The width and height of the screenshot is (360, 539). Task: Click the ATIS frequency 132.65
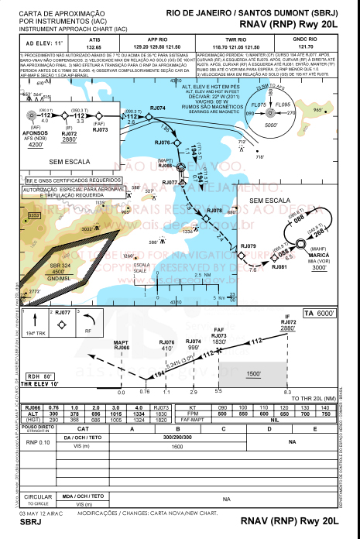pyautogui.click(x=95, y=46)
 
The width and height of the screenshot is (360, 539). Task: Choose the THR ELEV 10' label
pyautogui.click(x=40, y=384)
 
